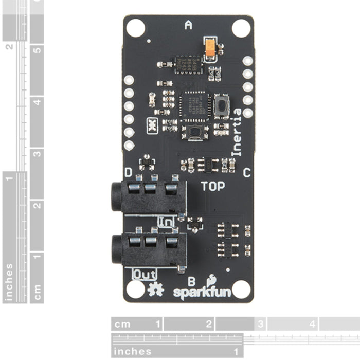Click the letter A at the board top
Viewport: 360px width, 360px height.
[x=188, y=25]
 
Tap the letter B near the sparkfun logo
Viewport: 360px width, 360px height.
[x=191, y=281]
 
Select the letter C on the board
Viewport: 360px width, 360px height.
[x=246, y=173]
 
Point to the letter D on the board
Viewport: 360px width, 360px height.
[x=129, y=172]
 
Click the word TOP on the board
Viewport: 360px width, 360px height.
[x=212, y=186]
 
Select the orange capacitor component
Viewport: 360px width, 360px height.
[x=210, y=47]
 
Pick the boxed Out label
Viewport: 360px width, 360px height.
[x=145, y=273]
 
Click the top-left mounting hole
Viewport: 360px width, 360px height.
[x=136, y=28]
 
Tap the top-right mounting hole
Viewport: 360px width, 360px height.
[x=241, y=28]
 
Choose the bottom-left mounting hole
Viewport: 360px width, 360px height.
[x=136, y=289]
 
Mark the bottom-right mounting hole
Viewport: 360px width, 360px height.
[x=241, y=289]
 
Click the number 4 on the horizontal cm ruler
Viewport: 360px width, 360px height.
[x=312, y=324]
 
